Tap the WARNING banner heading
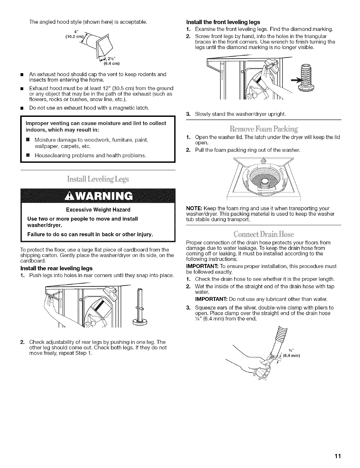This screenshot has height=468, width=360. pyautogui.click(x=98, y=196)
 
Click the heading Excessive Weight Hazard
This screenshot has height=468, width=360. pyautogui.click(x=98, y=210)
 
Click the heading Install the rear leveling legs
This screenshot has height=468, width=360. pyautogui.click(x=56, y=268)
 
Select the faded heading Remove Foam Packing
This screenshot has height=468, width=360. pyautogui.click(x=262, y=129)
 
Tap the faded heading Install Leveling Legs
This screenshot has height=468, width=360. pyautogui.click(x=98, y=179)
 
